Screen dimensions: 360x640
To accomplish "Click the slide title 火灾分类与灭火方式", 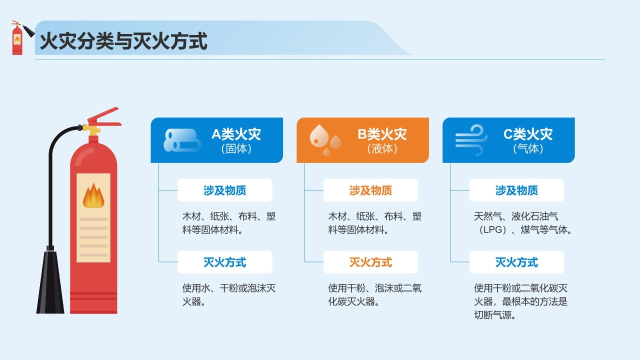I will pos(123,41).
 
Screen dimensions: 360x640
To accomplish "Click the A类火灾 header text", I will pos(236,134).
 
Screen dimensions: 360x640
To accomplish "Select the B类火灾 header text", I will pos(382,134).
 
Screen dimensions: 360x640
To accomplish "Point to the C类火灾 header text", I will pos(528,134).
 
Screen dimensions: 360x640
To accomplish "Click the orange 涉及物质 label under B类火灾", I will pos(370,190).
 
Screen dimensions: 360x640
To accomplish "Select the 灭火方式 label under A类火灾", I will pos(224,262).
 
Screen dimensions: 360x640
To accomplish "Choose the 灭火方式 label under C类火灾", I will pos(516,262).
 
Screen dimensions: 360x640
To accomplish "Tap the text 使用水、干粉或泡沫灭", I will pos(229,288).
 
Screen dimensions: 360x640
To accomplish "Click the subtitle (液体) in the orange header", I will pos(382,149).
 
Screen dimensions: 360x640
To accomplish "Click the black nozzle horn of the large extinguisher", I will pos(50,282).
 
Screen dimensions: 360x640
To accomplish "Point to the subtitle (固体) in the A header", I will pos(236,149).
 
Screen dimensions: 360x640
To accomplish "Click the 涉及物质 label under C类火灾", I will pos(516,190).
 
